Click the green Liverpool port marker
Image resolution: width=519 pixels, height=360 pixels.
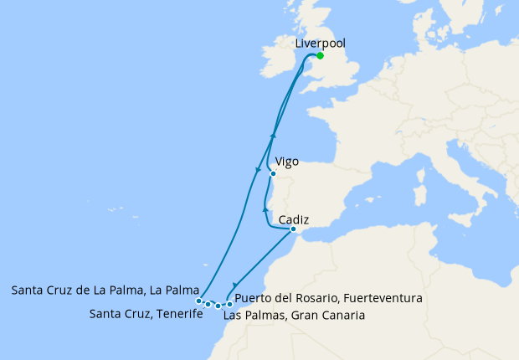click(320, 57)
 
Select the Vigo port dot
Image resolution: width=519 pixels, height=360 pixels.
click(273, 174)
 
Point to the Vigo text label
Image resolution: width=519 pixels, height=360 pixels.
click(286, 161)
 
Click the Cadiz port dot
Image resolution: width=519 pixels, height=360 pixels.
click(293, 229)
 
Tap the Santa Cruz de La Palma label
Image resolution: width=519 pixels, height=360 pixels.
click(105, 291)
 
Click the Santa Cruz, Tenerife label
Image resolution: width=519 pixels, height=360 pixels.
click(146, 314)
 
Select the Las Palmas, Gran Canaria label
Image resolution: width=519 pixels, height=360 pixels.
click(293, 316)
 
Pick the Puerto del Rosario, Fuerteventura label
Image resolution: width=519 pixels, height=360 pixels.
click(328, 298)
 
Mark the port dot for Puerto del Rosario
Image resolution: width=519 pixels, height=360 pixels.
click(229, 305)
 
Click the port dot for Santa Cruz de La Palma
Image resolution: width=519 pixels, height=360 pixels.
click(198, 301)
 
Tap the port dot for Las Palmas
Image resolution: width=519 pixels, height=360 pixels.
click(218, 306)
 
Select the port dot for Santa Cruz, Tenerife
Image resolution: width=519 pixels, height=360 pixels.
click(208, 304)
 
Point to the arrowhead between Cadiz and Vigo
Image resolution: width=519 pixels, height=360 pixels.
click(265, 208)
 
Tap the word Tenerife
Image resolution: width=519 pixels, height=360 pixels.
click(179, 314)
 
